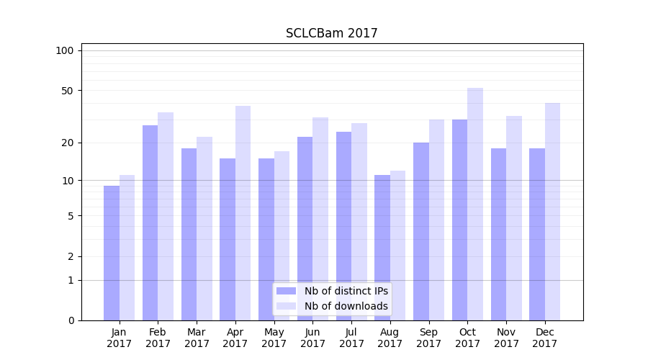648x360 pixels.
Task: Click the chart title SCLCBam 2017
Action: click(331, 33)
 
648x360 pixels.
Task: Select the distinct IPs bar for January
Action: click(112, 253)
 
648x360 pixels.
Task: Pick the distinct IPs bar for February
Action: click(150, 222)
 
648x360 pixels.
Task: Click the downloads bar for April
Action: click(243, 213)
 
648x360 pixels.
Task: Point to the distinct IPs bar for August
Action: click(382, 248)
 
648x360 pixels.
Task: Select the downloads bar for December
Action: click(552, 212)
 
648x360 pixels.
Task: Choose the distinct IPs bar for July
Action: click(343, 226)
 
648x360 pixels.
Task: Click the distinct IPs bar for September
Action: click(421, 231)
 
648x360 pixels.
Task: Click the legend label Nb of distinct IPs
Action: click(346, 291)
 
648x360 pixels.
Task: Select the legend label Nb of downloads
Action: click(346, 306)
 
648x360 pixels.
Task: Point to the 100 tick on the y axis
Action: click(65, 50)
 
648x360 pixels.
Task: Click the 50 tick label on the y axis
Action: click(68, 91)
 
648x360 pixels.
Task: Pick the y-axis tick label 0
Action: click(71, 320)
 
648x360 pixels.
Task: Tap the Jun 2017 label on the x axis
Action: click(312, 338)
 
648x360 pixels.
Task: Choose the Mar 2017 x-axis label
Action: click(197, 338)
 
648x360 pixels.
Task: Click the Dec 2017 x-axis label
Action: click(545, 338)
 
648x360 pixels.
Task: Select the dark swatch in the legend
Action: click(287, 291)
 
